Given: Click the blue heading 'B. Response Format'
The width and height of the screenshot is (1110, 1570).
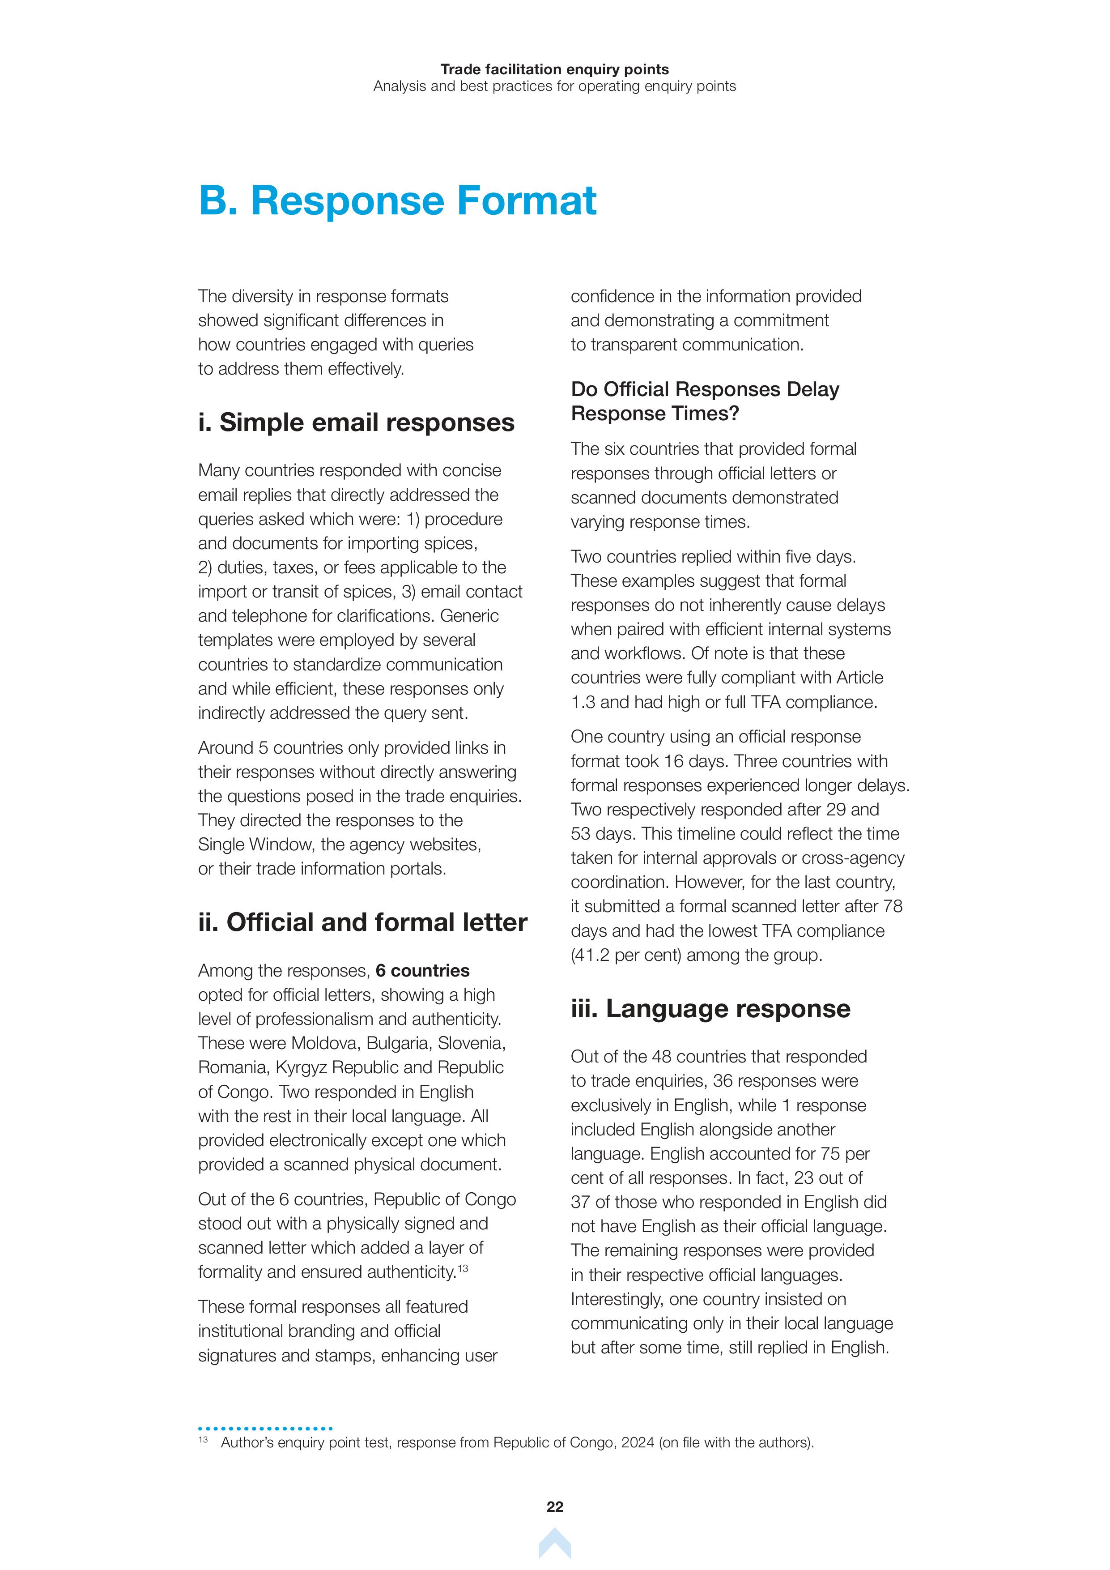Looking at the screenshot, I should click(397, 201).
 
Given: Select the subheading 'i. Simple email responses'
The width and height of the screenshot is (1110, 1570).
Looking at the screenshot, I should click(356, 422).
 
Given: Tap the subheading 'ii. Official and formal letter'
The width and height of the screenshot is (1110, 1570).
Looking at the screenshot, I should click(362, 922).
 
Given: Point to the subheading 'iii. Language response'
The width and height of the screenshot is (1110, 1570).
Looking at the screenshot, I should click(710, 1009).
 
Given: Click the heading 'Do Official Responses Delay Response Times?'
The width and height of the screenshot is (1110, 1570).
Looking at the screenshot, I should click(705, 401).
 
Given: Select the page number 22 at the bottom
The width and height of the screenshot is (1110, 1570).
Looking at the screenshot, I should click(554, 1507).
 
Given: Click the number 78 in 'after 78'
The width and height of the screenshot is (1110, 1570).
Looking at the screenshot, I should click(893, 907).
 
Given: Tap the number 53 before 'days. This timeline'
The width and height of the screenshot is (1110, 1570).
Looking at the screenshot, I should click(580, 834).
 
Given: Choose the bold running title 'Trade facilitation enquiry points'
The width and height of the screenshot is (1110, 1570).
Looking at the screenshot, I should click(554, 69).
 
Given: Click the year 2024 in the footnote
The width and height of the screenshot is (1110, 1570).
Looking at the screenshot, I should click(638, 1443).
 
